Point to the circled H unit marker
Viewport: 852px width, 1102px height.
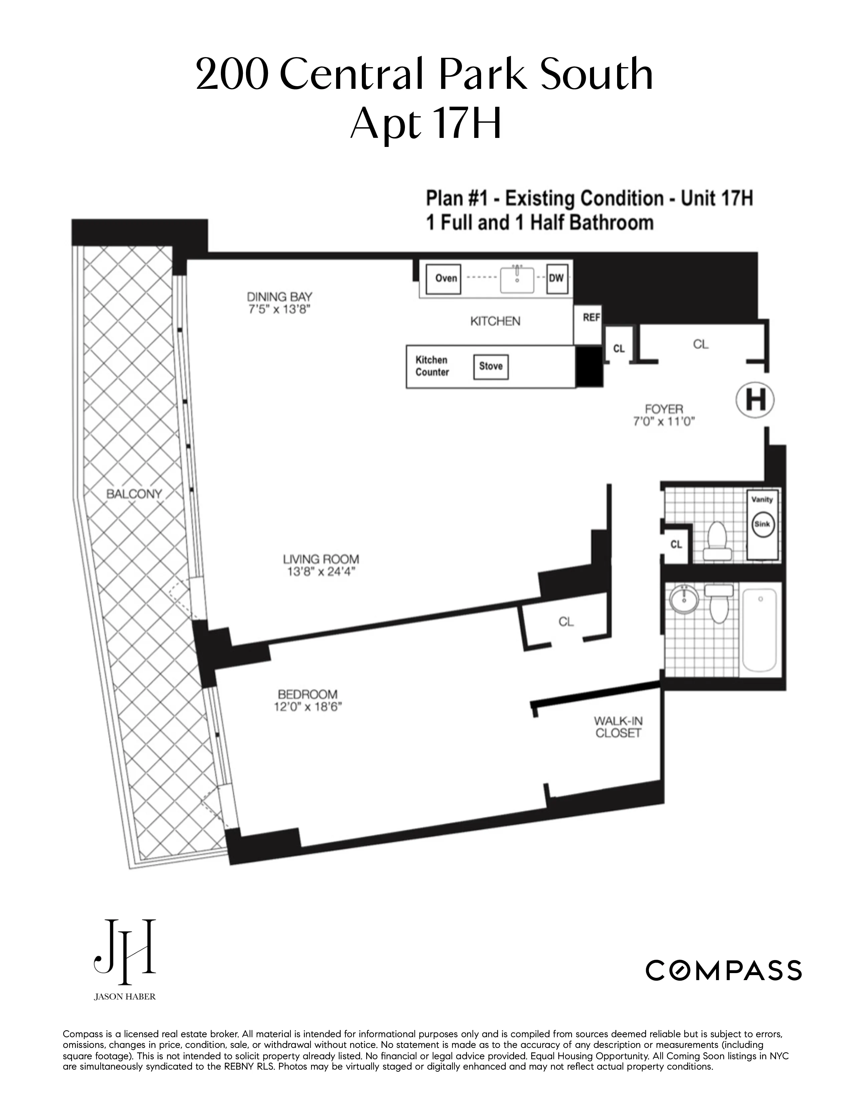pos(754,400)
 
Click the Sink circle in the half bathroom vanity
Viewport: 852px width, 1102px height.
pos(761,524)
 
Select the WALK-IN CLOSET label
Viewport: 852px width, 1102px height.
pos(618,727)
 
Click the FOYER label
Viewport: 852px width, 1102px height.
pos(664,409)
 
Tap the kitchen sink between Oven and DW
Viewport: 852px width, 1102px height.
pos(517,279)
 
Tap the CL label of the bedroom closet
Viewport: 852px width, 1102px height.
pos(566,622)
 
